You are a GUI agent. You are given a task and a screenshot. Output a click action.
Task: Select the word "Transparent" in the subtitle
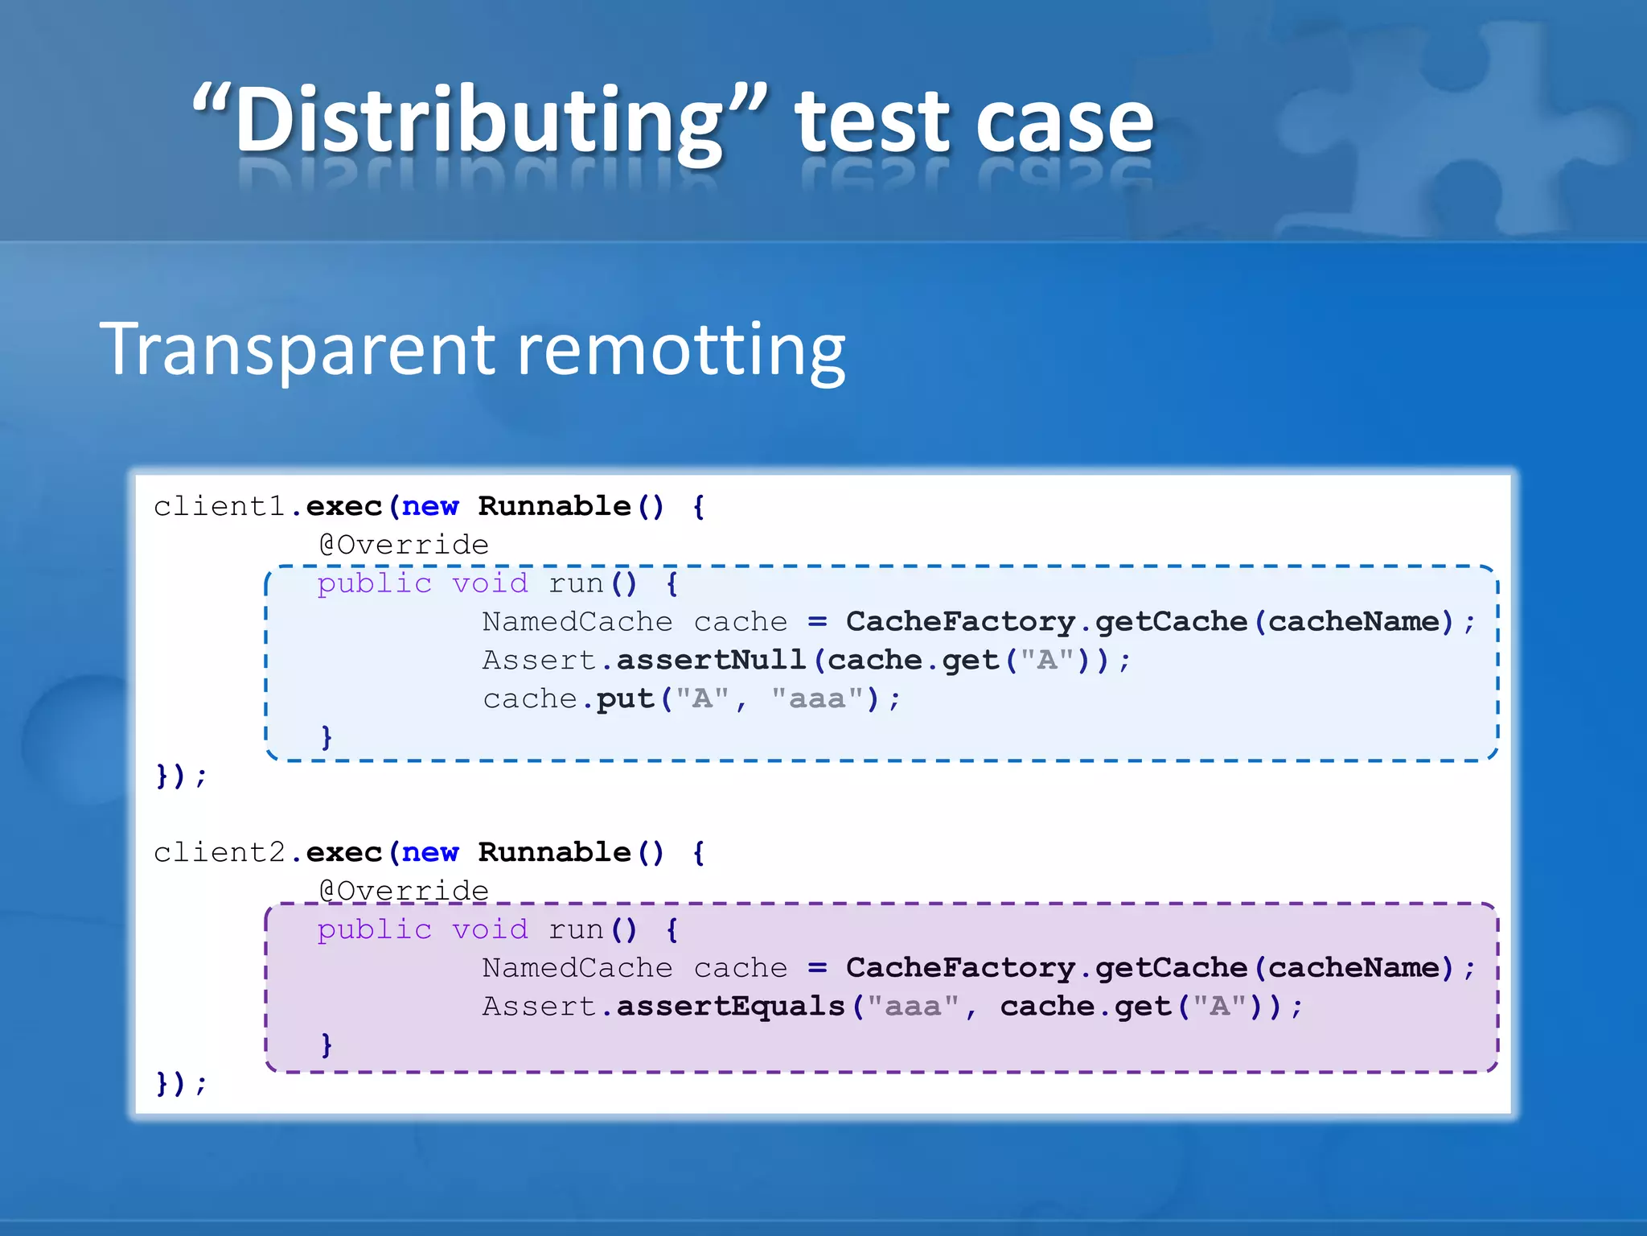click(297, 349)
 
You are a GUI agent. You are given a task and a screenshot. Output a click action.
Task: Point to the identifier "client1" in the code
click(220, 506)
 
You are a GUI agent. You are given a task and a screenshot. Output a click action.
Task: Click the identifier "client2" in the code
click(220, 852)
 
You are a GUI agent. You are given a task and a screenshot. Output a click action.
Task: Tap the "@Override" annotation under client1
click(404, 545)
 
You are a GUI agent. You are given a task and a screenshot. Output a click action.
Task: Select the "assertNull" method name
click(711, 660)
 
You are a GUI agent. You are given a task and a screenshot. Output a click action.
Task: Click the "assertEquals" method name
click(730, 1006)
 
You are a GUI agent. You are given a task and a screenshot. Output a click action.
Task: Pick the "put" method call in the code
click(625, 698)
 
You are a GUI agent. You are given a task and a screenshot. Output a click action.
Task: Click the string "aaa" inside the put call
click(817, 698)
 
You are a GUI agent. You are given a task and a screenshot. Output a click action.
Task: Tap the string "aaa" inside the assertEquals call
click(913, 1006)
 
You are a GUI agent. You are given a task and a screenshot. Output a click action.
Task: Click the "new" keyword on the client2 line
click(430, 852)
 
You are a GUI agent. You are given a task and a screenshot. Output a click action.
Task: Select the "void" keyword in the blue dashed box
click(490, 583)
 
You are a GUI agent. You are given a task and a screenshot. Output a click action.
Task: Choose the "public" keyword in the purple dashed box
click(374, 929)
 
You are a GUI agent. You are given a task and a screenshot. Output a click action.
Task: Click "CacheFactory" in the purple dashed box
click(960, 967)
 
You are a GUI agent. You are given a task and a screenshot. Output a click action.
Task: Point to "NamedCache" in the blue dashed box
click(577, 621)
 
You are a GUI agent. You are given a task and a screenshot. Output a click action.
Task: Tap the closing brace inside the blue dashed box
click(327, 736)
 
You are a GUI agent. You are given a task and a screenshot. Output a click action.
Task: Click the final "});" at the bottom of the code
click(181, 1083)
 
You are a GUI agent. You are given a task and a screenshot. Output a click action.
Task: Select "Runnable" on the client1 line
click(554, 506)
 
